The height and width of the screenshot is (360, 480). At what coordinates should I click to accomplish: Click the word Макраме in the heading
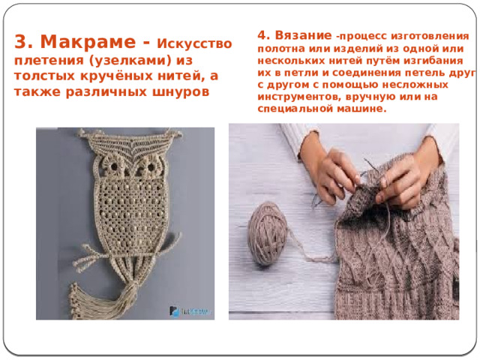point(88,42)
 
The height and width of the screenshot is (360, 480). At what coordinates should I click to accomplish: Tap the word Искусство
point(194,43)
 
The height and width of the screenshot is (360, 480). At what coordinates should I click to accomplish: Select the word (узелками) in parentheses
point(130,60)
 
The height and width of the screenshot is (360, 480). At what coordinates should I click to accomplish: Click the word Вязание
point(303,35)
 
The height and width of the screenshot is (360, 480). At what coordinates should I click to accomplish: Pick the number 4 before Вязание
point(263,35)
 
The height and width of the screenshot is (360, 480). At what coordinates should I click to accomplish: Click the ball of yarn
point(267,233)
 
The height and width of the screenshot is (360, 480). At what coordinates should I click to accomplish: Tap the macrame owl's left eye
point(114,166)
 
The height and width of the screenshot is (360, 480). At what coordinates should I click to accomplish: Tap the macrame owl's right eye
point(151,167)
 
